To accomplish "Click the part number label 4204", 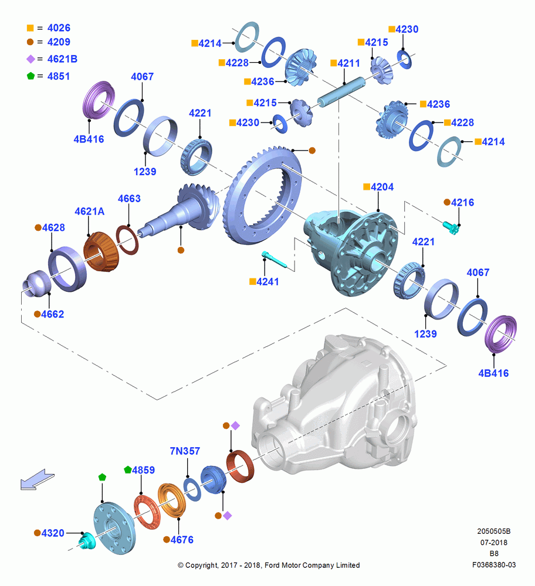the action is [382, 187].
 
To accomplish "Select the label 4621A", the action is [89, 212].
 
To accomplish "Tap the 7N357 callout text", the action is [185, 451].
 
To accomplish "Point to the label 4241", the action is [268, 282].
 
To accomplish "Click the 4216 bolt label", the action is [462, 203].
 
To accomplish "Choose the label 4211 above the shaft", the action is [348, 63].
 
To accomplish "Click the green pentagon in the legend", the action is [31, 76].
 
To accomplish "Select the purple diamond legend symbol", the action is [31, 59].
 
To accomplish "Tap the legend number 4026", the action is [59, 28].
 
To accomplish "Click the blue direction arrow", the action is [37, 480].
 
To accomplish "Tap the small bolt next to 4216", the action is [451, 227].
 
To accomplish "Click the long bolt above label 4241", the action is [274, 260].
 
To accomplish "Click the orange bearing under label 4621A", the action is [101, 251].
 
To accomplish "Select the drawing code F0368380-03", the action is [494, 565].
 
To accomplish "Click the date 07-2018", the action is [494, 543].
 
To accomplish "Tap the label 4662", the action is [52, 314].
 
